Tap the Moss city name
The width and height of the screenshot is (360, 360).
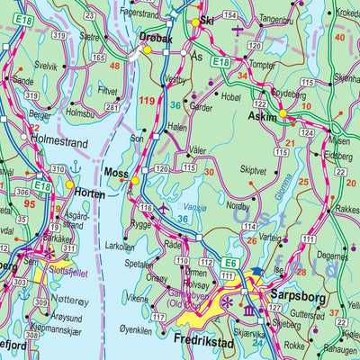pos(114,170)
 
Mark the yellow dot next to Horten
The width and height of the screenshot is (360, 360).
pos(69,184)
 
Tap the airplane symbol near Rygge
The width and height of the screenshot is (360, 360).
pos(163,210)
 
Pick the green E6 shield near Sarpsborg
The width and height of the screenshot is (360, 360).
pos(231,263)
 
